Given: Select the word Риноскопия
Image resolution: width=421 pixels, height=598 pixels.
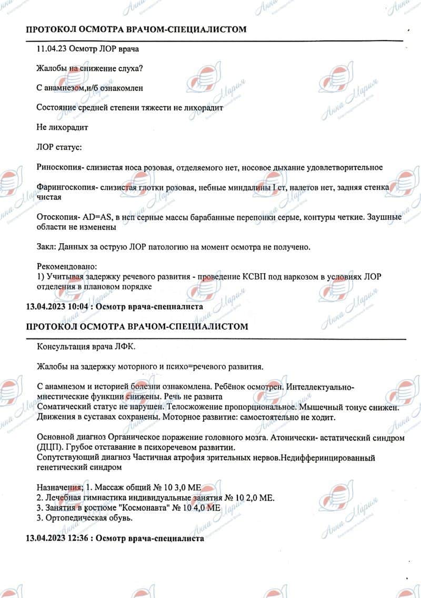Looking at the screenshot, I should [58, 167].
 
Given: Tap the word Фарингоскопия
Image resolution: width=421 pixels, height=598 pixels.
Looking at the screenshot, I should [63, 187].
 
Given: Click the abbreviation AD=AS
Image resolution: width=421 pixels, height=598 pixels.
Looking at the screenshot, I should [98, 217].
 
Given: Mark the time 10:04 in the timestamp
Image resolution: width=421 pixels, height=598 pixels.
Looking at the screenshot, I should [75, 306].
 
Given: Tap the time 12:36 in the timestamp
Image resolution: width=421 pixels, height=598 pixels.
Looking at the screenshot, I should [75, 540].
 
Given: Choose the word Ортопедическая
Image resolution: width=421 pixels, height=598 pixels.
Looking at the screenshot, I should [74, 518].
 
